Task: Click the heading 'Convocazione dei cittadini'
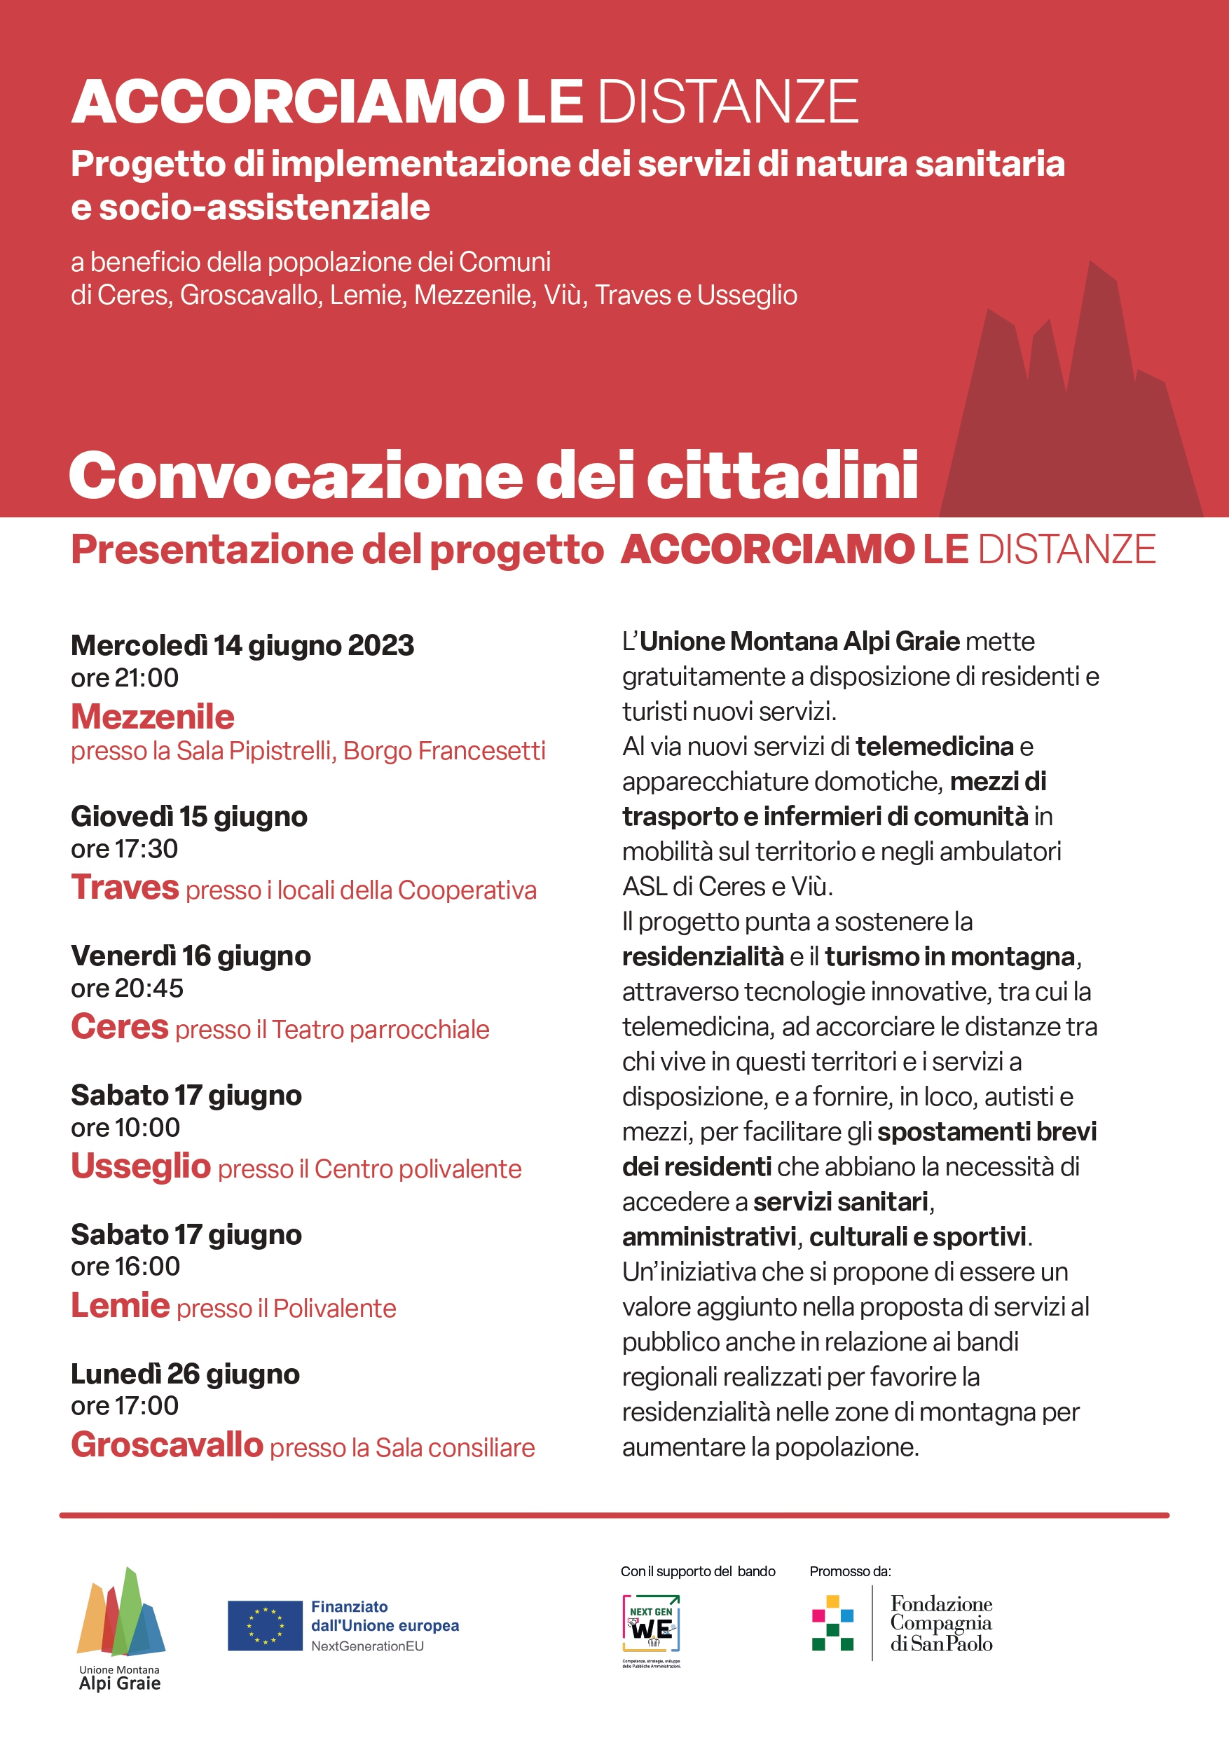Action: pyautogui.click(x=493, y=476)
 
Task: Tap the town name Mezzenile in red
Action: pyautogui.click(x=152, y=716)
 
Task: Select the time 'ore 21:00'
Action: pyautogui.click(x=124, y=677)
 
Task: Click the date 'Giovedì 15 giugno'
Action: pyautogui.click(x=188, y=816)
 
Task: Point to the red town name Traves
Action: pyautogui.click(x=125, y=887)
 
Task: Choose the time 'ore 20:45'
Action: pyautogui.click(x=126, y=988)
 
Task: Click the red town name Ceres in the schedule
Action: pyautogui.click(x=120, y=1026)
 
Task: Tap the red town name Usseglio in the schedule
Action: pyautogui.click(x=140, y=1166)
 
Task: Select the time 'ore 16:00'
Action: pyautogui.click(x=125, y=1266)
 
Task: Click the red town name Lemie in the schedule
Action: pyautogui.click(x=120, y=1305)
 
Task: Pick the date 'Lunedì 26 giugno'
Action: pyautogui.click(x=185, y=1374)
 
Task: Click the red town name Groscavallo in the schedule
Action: pyautogui.click(x=167, y=1444)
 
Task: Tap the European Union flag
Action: pyautogui.click(x=265, y=1625)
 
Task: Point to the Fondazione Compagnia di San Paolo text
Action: pyautogui.click(x=940, y=1623)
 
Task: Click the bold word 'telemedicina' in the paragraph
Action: pyautogui.click(x=934, y=746)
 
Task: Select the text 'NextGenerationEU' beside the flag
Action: pyautogui.click(x=367, y=1646)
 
